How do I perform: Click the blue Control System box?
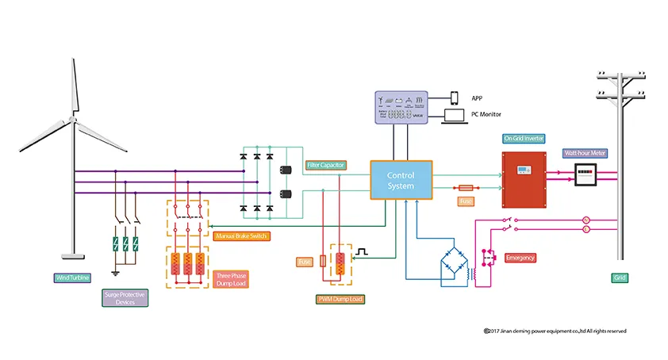tap(401, 180)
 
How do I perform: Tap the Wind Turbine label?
tap(72, 278)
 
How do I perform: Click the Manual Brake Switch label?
tap(241, 236)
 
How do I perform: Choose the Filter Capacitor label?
tap(324, 165)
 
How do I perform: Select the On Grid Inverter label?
tap(524, 138)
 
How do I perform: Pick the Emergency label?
tap(520, 258)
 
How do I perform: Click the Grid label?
tap(620, 278)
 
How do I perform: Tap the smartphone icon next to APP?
tap(455, 98)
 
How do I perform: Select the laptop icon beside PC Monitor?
tap(455, 116)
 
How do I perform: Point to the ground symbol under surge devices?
tap(115, 273)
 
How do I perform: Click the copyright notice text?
tap(555, 331)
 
